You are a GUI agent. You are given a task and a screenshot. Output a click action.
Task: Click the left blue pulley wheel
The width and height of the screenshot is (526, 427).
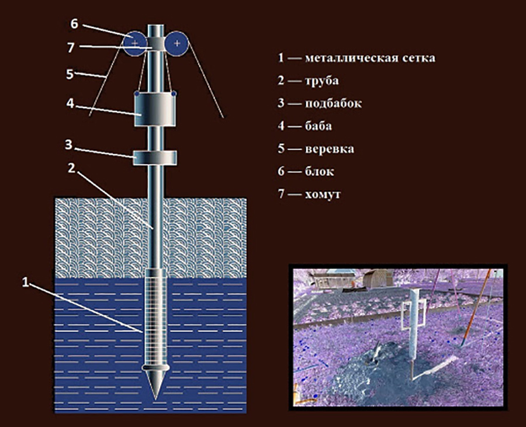pyautogui.click(x=135, y=43)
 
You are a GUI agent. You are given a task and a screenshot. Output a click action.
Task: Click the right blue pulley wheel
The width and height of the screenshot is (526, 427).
pyautogui.click(x=177, y=43)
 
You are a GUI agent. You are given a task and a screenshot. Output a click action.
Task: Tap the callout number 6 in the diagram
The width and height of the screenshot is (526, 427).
pyautogui.click(x=74, y=24)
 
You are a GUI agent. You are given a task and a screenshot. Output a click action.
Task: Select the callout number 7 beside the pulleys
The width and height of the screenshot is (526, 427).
pyautogui.click(x=71, y=47)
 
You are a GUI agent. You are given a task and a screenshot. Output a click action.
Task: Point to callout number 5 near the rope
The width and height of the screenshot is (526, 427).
pyautogui.click(x=70, y=74)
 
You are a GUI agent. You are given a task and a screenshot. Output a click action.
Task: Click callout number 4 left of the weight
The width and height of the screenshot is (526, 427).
pyautogui.click(x=70, y=103)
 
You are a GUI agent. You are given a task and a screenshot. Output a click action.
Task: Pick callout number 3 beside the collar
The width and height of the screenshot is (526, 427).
pyautogui.click(x=68, y=145)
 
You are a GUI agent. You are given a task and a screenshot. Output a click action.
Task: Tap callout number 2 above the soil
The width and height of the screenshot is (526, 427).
pyautogui.click(x=71, y=168)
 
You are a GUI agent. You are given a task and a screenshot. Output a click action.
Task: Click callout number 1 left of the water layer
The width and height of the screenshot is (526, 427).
pyautogui.click(x=26, y=282)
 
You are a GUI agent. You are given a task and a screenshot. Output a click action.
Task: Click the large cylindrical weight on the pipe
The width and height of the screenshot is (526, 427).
pyautogui.click(x=155, y=109)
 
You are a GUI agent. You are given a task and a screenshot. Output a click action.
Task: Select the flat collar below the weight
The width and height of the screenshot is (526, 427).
pyautogui.click(x=155, y=158)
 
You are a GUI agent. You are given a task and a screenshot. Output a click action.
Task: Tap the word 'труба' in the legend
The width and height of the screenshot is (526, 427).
pyautogui.click(x=321, y=81)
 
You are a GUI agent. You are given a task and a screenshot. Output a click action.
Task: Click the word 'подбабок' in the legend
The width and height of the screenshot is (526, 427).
pyautogui.click(x=333, y=103)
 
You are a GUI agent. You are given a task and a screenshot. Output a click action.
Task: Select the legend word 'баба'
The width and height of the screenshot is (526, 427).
pyautogui.click(x=318, y=126)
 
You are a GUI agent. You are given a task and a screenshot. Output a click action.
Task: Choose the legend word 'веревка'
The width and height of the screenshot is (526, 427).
pyautogui.click(x=329, y=149)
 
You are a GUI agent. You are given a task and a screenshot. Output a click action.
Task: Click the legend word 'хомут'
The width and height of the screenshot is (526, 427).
pyautogui.click(x=323, y=195)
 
